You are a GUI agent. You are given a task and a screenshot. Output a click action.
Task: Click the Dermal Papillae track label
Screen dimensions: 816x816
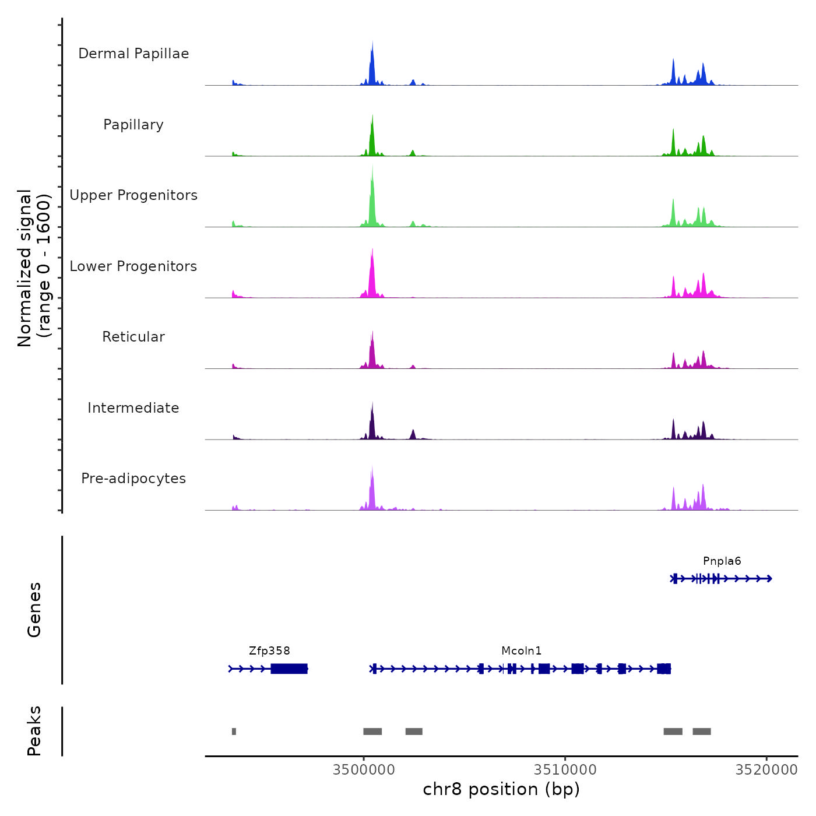pos(133,54)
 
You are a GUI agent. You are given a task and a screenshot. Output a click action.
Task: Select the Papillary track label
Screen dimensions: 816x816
pos(133,125)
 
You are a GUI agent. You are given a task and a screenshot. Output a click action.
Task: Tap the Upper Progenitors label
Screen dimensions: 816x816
pos(133,195)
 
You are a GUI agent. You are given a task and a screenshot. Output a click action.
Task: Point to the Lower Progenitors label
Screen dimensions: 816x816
pos(133,266)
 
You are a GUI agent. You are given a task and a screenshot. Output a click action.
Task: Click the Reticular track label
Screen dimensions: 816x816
pos(133,337)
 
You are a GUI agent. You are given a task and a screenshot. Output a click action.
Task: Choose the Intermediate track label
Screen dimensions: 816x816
pos(133,408)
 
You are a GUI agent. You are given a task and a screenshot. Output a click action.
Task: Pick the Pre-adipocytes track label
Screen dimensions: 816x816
pos(133,479)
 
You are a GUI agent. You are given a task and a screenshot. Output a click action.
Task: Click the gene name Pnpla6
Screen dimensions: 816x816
pos(722,561)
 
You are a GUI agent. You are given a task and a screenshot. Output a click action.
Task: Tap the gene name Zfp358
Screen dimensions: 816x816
pos(269,651)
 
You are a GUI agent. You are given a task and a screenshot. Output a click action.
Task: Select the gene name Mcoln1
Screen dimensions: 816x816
pos(521,651)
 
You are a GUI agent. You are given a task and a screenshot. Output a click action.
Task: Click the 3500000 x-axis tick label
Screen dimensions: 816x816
pos(364,770)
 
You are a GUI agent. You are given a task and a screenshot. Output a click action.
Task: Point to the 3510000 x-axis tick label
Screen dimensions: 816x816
pos(565,770)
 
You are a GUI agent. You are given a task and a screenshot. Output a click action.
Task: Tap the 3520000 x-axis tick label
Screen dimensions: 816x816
pos(766,770)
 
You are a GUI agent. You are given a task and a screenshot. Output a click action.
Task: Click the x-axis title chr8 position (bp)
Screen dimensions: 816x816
pos(501,789)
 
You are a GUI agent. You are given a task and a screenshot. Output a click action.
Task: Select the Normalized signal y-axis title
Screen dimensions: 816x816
pos(34,268)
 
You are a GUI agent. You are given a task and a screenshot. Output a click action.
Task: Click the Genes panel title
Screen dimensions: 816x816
pos(34,610)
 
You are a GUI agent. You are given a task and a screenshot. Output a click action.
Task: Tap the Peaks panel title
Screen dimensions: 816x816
pos(34,731)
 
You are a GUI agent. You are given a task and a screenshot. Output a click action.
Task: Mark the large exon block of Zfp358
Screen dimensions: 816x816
pos(289,669)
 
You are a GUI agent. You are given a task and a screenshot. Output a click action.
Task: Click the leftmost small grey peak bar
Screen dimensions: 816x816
pos(234,731)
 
